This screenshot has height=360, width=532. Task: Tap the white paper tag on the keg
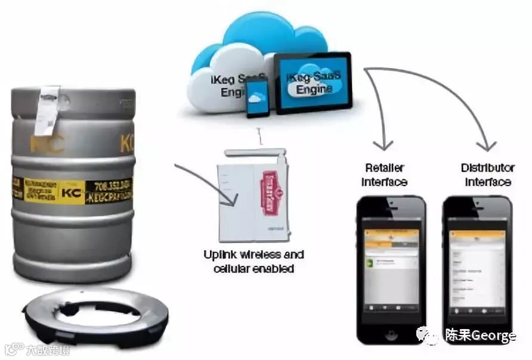click(x=47, y=110)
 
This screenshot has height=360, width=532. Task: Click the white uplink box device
click(x=253, y=191)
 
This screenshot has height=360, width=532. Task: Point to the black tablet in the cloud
click(x=313, y=83)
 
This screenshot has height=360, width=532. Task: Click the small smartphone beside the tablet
click(x=258, y=98)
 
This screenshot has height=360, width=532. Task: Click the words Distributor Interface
click(x=487, y=174)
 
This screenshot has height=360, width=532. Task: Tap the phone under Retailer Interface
click(x=391, y=268)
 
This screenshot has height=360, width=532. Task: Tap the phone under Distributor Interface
click(x=477, y=268)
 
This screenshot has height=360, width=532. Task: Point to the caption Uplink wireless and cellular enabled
click(x=253, y=262)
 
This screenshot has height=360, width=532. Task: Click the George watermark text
click(x=480, y=336)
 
